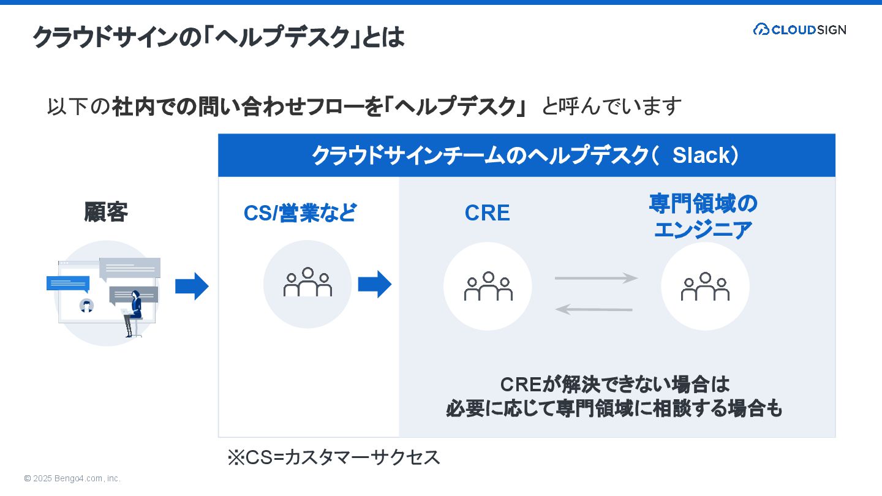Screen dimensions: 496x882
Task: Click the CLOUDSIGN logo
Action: point(799,29)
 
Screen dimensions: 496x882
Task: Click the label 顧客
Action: point(106,212)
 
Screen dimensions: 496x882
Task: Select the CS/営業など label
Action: point(300,213)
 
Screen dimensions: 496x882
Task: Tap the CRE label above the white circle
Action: point(487,213)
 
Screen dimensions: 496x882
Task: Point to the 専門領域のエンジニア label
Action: point(703,217)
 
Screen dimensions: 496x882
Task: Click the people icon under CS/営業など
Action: point(307,283)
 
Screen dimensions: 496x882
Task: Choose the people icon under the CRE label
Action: point(488,286)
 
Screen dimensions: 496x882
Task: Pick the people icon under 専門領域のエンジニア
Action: point(705,286)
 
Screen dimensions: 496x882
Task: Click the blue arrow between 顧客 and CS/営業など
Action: point(192,286)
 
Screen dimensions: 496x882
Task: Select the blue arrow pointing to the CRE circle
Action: point(374,284)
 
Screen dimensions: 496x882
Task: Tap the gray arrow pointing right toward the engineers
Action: point(596,279)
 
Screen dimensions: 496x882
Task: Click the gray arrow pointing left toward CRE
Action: point(594,310)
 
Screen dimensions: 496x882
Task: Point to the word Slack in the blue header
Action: point(701,156)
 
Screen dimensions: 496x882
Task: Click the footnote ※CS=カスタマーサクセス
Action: point(334,457)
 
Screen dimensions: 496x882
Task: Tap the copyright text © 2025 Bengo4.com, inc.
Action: point(72,478)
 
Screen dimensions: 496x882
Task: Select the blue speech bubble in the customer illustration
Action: point(68,284)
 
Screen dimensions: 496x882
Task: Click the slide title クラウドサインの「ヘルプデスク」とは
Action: point(219,37)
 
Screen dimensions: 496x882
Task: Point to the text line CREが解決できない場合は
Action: point(615,385)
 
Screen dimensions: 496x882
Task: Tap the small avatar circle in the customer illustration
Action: point(87,306)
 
